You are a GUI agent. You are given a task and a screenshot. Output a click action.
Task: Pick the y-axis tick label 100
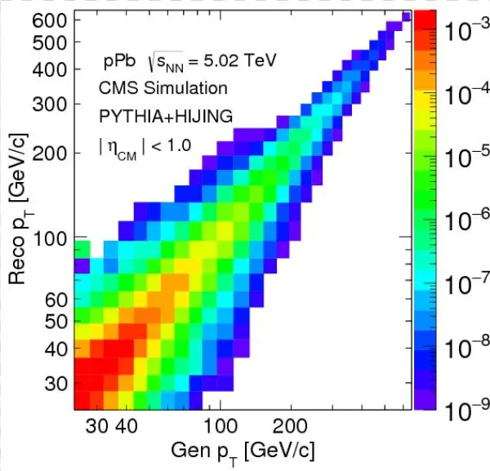56,239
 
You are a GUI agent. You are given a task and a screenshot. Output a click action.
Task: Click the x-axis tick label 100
219,427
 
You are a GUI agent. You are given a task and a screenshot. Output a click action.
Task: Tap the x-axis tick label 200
289,427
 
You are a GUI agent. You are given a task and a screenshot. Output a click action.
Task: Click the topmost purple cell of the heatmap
406,16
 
